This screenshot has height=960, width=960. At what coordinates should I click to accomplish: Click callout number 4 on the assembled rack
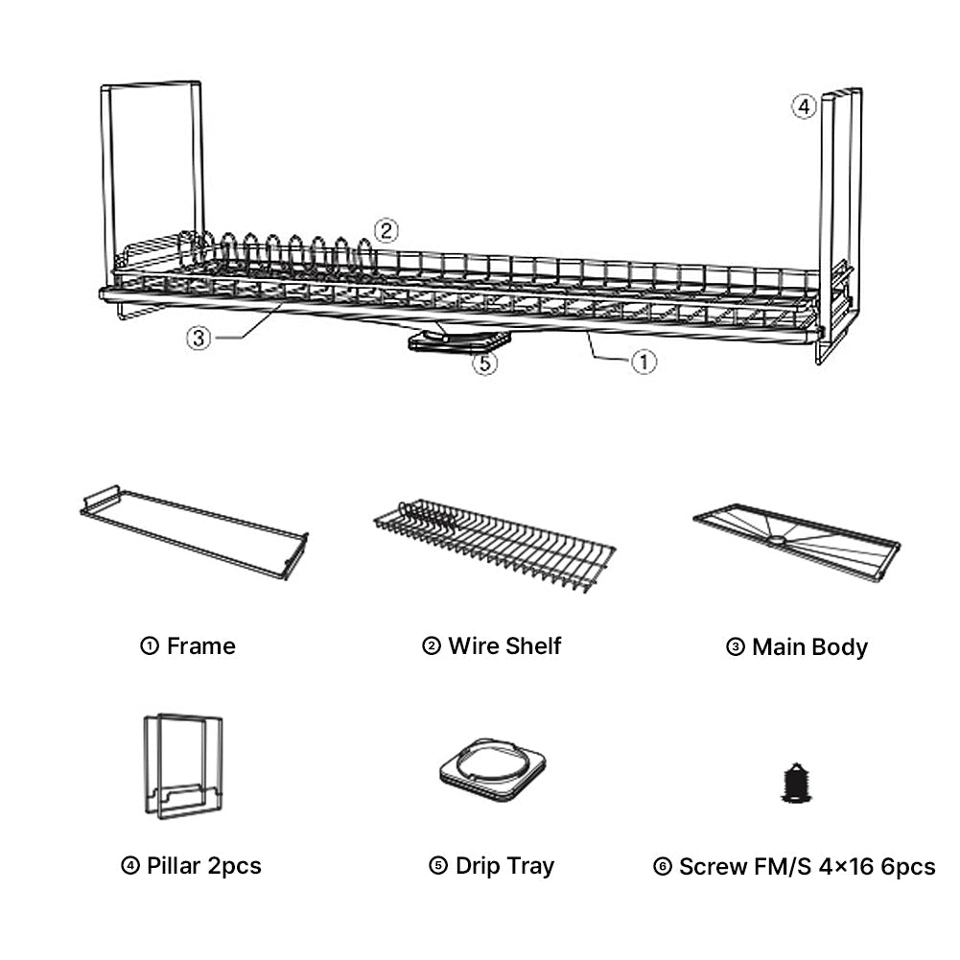[x=804, y=106]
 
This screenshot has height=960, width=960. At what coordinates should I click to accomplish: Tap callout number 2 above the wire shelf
[x=386, y=230]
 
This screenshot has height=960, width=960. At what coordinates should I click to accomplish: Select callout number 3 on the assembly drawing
[x=199, y=339]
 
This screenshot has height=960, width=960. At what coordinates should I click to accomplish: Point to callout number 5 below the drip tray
[x=486, y=363]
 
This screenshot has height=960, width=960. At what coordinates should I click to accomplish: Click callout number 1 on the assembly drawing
[x=644, y=362]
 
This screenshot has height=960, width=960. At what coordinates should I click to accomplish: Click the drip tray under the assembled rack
[x=458, y=340]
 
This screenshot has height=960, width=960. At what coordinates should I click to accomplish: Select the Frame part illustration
[x=194, y=531]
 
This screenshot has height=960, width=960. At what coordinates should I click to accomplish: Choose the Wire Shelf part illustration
[x=494, y=543]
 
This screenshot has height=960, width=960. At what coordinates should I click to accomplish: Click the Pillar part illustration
[x=183, y=765]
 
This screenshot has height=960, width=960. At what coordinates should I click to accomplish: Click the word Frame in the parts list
[x=200, y=646]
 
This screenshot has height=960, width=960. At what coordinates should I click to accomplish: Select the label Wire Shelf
[x=504, y=646]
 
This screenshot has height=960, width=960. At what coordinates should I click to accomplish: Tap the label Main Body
[x=809, y=647]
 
